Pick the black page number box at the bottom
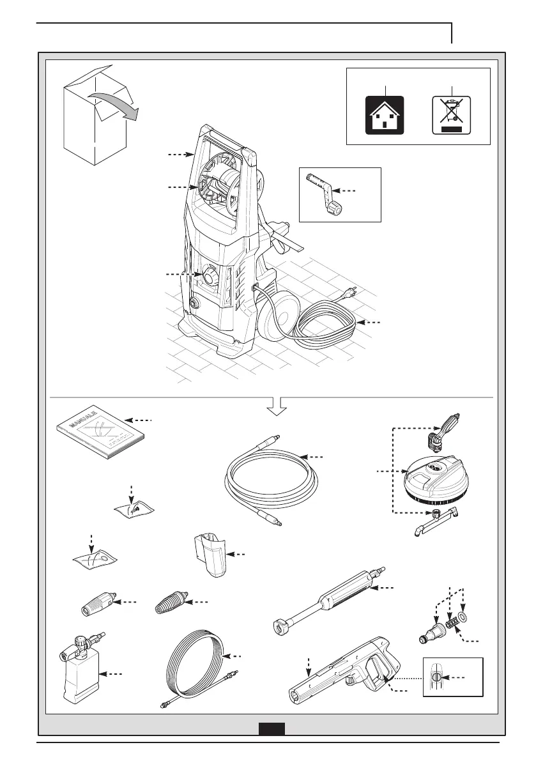(x=272, y=729)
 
